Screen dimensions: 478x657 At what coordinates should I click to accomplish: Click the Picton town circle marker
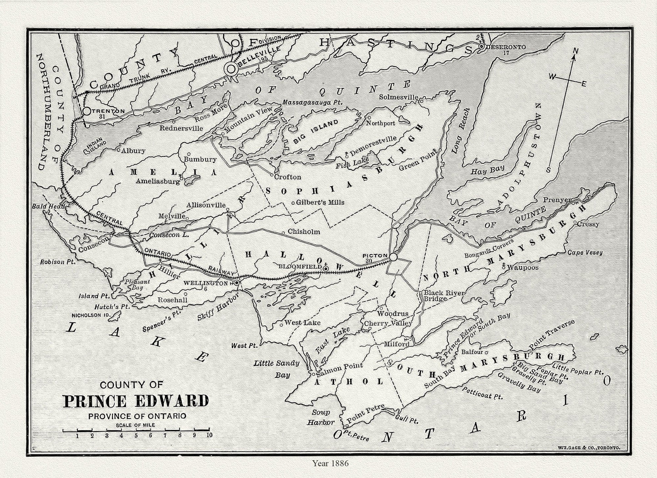pos(393,257)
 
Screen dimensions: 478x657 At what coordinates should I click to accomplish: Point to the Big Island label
pos(316,131)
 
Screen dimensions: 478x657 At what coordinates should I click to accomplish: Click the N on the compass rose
pos(575,51)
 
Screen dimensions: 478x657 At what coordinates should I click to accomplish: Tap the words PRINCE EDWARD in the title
pos(135,401)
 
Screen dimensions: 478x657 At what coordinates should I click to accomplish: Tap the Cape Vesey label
pos(585,252)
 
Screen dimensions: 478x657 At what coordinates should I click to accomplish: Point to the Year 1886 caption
pos(330,463)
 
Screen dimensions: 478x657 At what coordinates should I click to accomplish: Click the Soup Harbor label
pos(323,417)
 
